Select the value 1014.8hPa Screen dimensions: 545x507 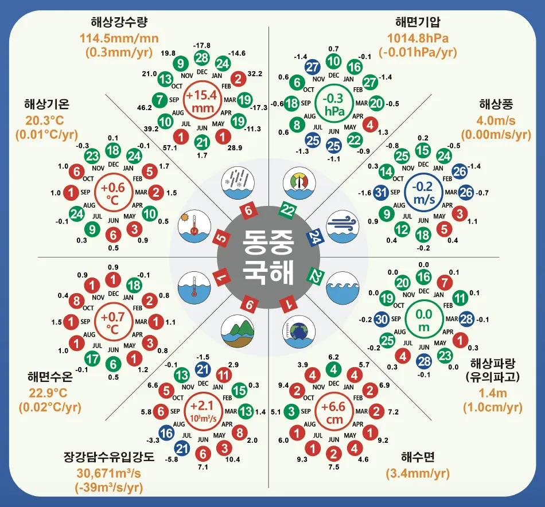coord(417,39)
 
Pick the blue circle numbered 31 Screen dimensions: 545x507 coord(381,193)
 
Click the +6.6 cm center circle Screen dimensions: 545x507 coord(333,412)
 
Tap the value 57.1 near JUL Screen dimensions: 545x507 coord(154,147)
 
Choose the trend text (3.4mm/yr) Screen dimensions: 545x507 coord(417,473)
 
